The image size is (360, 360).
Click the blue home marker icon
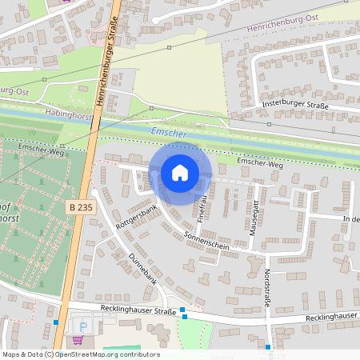click(180, 173)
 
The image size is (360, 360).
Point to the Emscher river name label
click(169, 133)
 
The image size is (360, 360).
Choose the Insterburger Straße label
click(296, 105)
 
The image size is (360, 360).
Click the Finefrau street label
click(204, 206)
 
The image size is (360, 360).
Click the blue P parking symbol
click(83, 327)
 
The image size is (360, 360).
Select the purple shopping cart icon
click(78, 339)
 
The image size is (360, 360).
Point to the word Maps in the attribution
click(11, 354)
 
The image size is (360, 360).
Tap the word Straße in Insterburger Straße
click(318, 105)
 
